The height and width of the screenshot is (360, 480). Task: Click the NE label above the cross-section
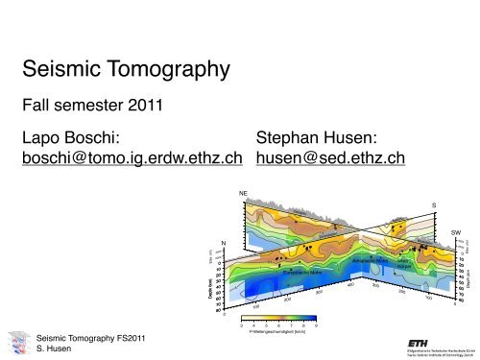pos(244,194)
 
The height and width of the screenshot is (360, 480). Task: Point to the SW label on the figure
pos(456,231)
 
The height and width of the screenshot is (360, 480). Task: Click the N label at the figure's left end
pos(223,241)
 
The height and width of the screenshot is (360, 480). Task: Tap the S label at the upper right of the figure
pos(434,204)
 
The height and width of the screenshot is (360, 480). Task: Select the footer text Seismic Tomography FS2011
pos(84,338)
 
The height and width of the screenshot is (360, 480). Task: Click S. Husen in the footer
pos(52,348)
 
